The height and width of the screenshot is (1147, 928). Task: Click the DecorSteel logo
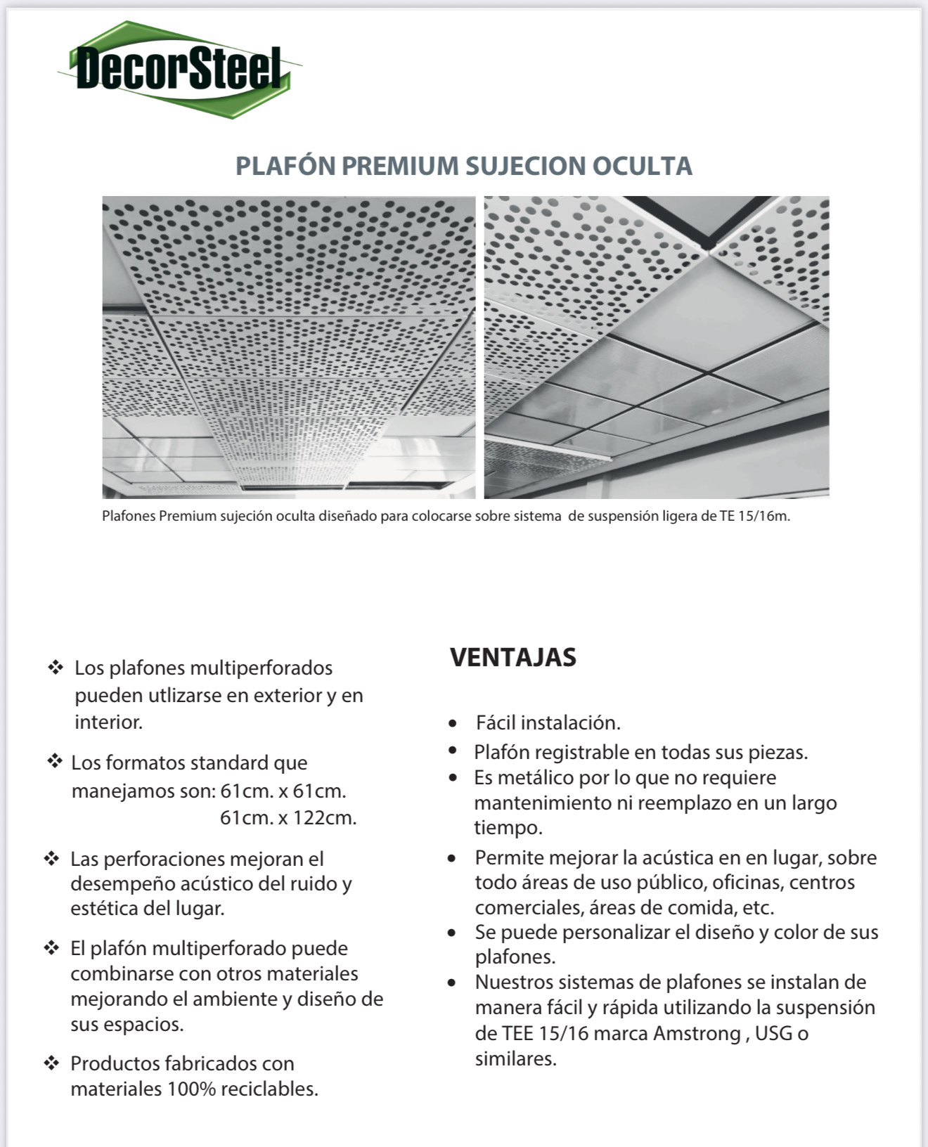(179, 69)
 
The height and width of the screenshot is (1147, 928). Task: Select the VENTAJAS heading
(513, 658)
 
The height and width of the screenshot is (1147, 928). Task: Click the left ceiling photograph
(288, 347)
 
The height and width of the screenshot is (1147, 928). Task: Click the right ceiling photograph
(657, 347)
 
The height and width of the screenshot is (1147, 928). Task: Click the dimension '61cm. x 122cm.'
(288, 818)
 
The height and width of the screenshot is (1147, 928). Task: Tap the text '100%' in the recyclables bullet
(192, 1089)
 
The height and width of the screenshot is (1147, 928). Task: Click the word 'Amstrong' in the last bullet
(697, 1034)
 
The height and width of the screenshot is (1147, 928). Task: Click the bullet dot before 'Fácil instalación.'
(453, 724)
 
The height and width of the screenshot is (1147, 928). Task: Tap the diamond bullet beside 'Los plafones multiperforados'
(56, 668)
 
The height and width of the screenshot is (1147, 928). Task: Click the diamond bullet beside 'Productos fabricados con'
(51, 1063)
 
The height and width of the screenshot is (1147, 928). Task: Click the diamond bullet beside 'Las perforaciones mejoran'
(51, 859)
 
